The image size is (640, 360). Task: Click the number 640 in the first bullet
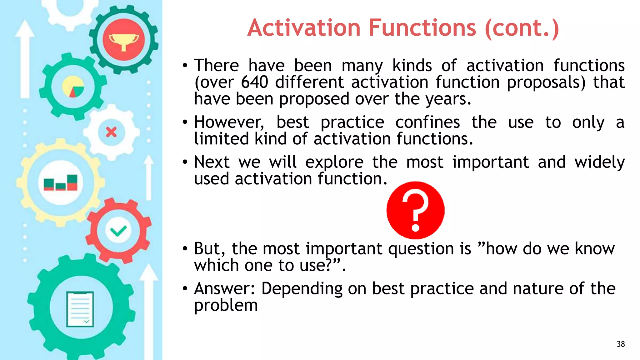[254, 82]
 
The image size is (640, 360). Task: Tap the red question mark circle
[415, 210]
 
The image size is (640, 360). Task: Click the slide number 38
[621, 344]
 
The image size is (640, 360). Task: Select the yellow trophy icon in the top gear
[123, 41]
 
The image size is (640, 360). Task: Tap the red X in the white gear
[111, 132]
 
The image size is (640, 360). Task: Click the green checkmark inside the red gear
[118, 231]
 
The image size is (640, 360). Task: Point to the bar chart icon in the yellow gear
[61, 182]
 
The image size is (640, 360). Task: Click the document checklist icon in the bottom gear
[80, 309]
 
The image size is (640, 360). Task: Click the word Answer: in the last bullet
[224, 288]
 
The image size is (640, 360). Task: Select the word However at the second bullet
[229, 122]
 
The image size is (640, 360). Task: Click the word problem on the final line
[226, 305]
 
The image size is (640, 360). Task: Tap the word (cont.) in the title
[522, 28]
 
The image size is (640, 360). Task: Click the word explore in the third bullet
[334, 162]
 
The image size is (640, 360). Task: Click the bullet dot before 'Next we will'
[185, 162]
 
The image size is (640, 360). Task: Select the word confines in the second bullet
[427, 122]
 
